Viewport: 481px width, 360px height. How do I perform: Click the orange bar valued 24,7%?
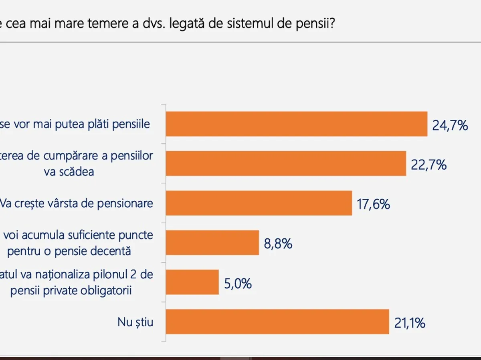coord(297,124)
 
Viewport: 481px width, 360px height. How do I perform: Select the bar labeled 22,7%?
coord(286,164)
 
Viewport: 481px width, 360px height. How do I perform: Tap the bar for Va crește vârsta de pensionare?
coord(259,203)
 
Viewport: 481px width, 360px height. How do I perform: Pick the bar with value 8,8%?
coord(212,243)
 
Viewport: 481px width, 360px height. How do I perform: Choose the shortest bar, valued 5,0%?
coord(192,282)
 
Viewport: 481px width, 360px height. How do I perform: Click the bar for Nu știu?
coord(277,322)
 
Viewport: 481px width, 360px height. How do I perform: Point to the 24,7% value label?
coord(450,126)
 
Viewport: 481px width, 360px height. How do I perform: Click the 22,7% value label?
coord(429,165)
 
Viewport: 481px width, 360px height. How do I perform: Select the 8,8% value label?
coord(278,244)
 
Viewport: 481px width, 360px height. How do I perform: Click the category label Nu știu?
coord(135,322)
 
